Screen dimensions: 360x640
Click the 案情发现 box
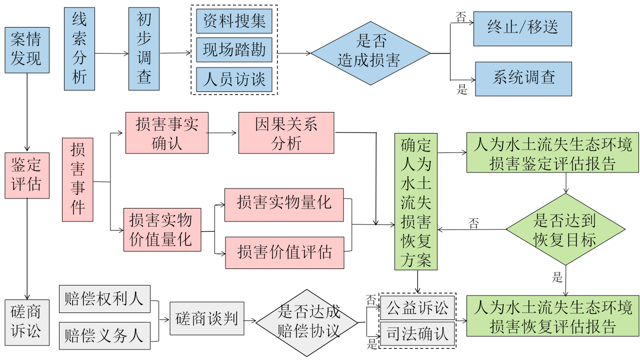pos(27,50)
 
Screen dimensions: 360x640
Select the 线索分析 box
pos(79,48)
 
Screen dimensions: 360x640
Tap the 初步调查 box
pos(144,48)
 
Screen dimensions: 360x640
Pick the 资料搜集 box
pos(234,21)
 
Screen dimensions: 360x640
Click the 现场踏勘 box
pos(234,50)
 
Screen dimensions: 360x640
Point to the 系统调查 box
pos(523,78)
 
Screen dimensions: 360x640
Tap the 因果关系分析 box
pos(286,133)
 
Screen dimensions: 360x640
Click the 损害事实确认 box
pos(166,133)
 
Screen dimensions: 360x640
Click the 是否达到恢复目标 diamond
pos(565,230)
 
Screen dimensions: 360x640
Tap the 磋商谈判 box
pos(207,318)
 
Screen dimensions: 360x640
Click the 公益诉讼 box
pos(417,307)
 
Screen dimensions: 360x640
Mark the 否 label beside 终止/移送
pos(460,17)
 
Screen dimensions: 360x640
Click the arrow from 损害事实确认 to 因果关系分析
pos(223,133)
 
